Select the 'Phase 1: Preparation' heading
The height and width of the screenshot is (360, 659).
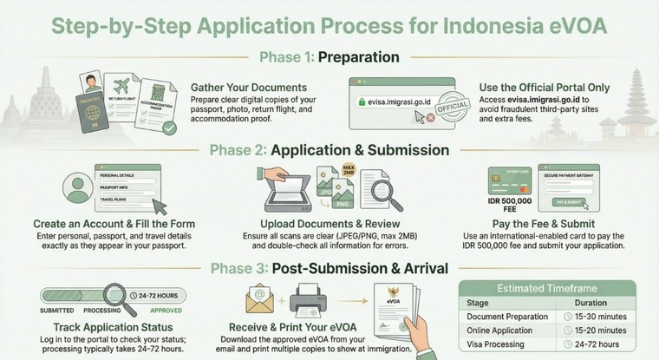(x=329, y=58)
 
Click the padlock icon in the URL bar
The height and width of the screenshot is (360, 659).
(x=361, y=101)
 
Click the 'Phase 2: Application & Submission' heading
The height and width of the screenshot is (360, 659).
(x=329, y=150)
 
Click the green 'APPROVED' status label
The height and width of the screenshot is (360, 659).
(x=166, y=309)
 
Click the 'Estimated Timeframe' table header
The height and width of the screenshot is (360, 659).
(x=546, y=288)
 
